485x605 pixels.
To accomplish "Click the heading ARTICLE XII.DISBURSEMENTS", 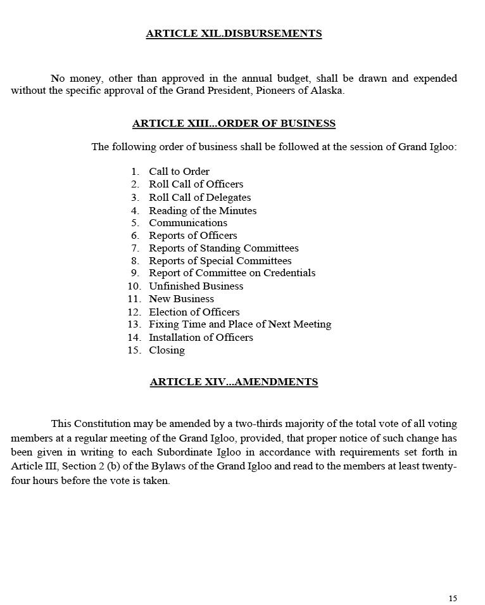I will pyautogui.click(x=234, y=34).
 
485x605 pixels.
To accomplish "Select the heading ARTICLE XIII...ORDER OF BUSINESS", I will pyautogui.click(x=234, y=124).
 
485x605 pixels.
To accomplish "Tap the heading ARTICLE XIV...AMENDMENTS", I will pyautogui.click(x=234, y=382).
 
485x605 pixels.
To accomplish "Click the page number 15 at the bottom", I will pyautogui.click(x=453, y=599).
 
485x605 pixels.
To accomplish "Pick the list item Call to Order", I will pyautogui.click(x=179, y=172).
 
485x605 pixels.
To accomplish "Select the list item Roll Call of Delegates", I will pyautogui.click(x=199, y=198).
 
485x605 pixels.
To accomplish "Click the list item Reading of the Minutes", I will pyautogui.click(x=203, y=210).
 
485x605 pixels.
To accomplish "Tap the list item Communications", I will pyautogui.click(x=188, y=223).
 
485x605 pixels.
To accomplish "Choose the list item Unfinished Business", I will pyautogui.click(x=196, y=286).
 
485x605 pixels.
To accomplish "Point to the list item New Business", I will pyautogui.click(x=181, y=299).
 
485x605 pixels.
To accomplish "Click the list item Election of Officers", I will pyautogui.click(x=194, y=312).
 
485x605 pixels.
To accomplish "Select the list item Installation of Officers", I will pyautogui.click(x=201, y=338).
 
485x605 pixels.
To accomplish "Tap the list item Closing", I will pyautogui.click(x=167, y=350).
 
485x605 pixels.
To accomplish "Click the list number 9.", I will pyautogui.click(x=135, y=273).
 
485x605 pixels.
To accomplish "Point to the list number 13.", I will pyautogui.click(x=134, y=324).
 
